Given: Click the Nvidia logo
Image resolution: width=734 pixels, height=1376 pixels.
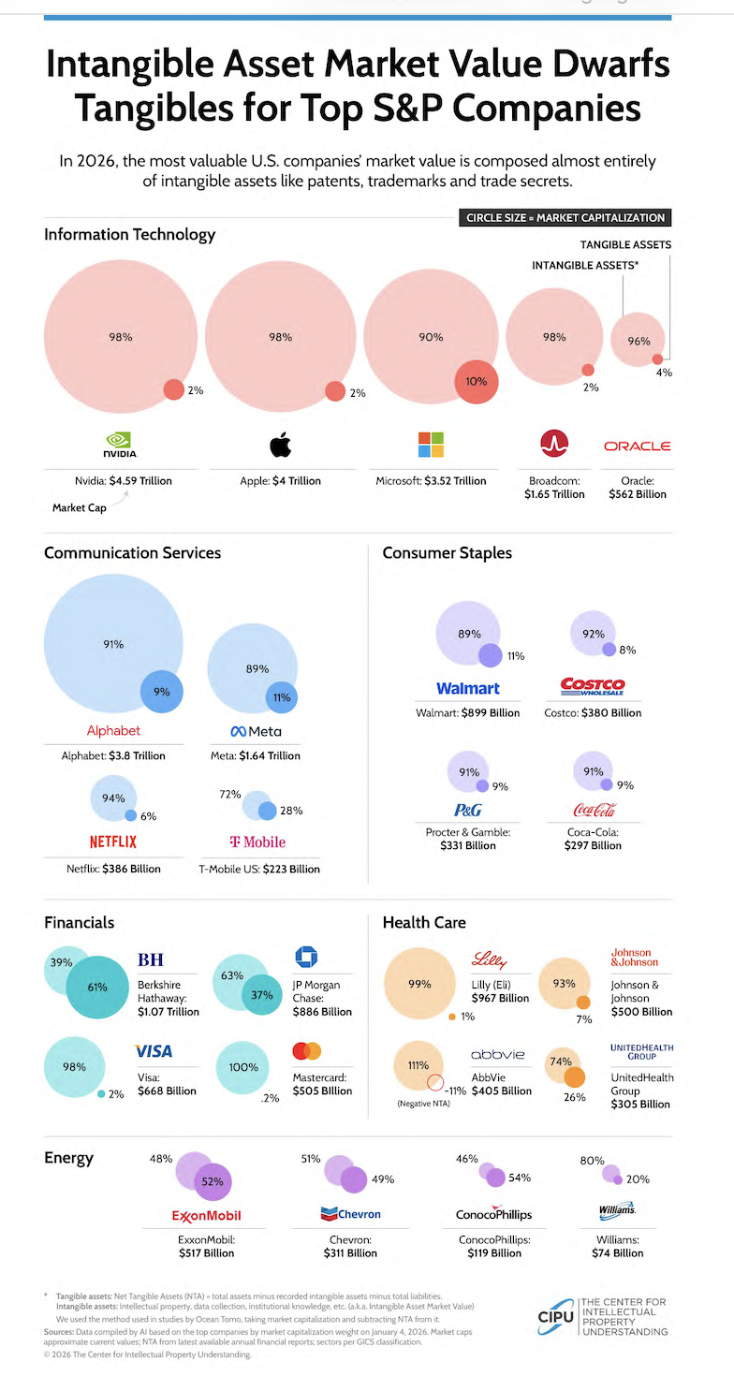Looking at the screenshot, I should tap(121, 445).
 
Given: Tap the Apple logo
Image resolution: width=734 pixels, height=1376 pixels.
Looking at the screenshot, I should tap(281, 445).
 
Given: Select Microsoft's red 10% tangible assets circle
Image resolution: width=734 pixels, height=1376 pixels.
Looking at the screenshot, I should tap(477, 381).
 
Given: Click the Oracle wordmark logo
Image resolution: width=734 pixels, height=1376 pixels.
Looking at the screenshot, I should tap(637, 446).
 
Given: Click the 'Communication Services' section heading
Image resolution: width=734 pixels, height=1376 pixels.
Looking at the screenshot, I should tap(132, 552).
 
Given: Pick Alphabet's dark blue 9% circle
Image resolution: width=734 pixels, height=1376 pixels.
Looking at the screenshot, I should tap(161, 693).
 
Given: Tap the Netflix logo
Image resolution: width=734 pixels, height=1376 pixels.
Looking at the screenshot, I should tap(113, 842).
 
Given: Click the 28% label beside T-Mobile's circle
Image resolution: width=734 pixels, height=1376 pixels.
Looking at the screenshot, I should tap(291, 810).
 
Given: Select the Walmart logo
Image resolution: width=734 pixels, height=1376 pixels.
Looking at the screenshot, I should tap(468, 689).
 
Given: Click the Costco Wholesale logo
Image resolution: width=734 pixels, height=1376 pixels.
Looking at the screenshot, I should tap(592, 687).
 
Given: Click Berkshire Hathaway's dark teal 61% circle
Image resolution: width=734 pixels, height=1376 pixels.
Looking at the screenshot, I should tap(97, 987).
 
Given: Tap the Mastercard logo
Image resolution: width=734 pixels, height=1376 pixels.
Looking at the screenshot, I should tap(306, 1051).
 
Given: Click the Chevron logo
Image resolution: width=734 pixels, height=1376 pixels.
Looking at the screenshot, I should tap(350, 1214).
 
